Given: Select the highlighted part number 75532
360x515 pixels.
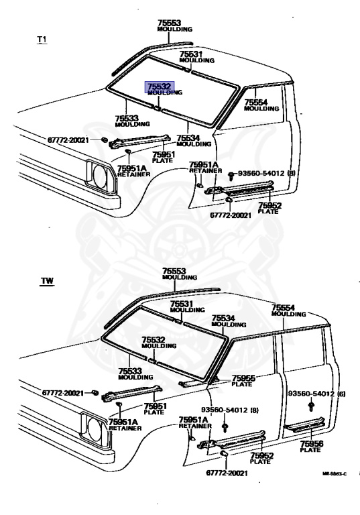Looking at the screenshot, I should (x=160, y=87).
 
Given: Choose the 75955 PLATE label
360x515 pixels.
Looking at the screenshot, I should (x=243, y=381).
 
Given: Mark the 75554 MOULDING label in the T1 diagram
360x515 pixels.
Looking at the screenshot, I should (x=256, y=105).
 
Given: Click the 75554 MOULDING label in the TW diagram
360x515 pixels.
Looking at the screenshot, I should (x=288, y=310).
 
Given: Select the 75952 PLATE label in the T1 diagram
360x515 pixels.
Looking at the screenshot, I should (x=269, y=208).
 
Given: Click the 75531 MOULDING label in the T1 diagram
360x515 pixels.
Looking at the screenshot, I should (x=196, y=57).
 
